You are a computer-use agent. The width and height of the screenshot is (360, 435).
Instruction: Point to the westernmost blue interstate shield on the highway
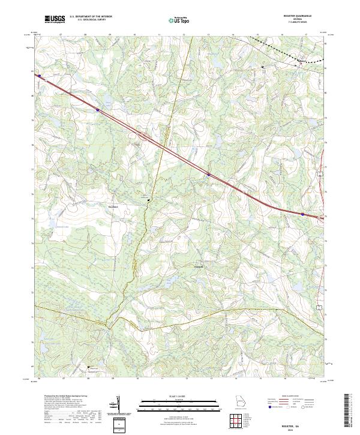(40, 76)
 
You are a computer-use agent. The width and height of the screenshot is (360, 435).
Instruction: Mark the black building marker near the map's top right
(262, 67)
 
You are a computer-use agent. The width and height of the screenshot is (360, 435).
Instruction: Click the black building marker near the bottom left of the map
(89, 367)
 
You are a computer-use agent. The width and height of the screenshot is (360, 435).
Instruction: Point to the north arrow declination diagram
(118, 404)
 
